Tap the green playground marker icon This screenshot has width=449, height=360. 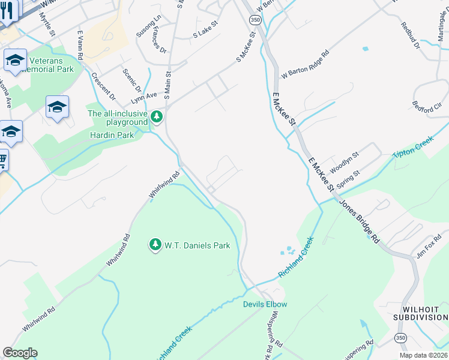tap(157, 116)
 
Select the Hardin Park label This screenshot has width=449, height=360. tap(112, 135)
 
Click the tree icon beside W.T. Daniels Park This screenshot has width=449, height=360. tap(155, 245)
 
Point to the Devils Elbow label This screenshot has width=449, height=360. tap(265, 304)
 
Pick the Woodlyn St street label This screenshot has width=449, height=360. tap(343, 160)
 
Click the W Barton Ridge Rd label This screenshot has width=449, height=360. tap(305, 65)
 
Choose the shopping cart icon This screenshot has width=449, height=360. tap(3, 160)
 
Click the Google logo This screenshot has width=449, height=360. tap(20, 353)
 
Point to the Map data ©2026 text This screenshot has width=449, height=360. tap(423, 355)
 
